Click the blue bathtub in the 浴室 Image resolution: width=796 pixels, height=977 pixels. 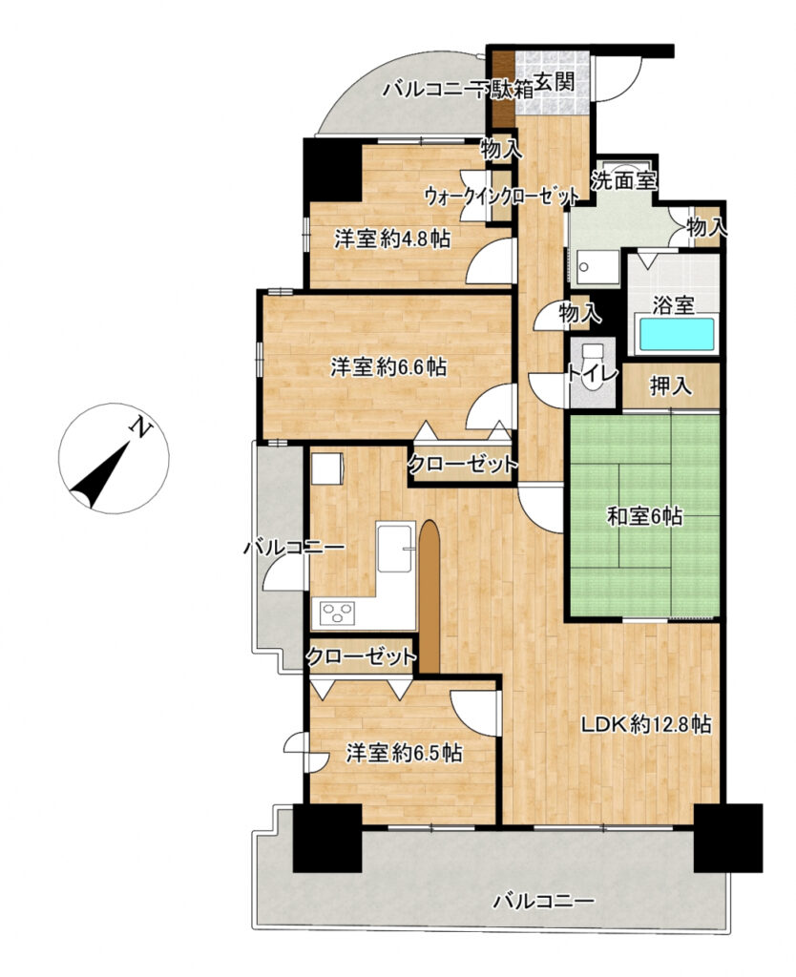pos(675,334)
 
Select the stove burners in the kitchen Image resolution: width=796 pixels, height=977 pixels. pos(337,613)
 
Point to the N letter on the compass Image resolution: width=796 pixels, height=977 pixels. pos(141,428)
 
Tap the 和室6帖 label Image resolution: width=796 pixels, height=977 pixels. pos(644,516)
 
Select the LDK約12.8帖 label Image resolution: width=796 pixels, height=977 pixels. pos(646,724)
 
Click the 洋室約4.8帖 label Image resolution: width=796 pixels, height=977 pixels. pos(392,239)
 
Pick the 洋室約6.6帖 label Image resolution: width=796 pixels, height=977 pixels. pos(388,367)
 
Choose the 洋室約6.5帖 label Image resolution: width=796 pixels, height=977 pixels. pos(405,754)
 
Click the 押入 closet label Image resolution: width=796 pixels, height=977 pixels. pos(671,386)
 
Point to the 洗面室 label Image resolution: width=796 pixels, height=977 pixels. pos(623,180)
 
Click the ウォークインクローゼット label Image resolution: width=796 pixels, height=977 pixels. pos(502,197)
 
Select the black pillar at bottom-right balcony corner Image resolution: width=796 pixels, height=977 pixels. pos(728,838)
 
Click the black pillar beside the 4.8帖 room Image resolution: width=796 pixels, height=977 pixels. pos(332,170)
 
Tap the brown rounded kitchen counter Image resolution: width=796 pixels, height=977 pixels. pos(429,596)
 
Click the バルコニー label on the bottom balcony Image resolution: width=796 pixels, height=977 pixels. pos(543,902)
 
